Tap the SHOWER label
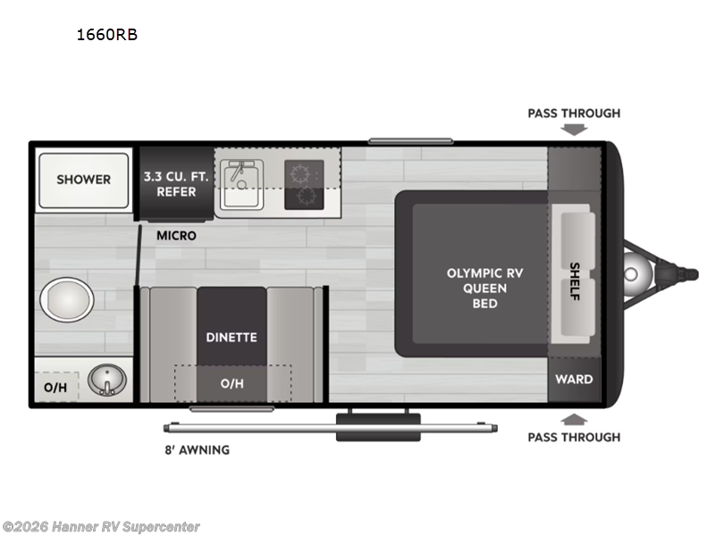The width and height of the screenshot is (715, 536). pyautogui.click(x=83, y=180)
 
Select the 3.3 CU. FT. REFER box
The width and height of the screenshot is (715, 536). pyautogui.click(x=175, y=182)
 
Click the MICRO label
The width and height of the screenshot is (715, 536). pyautogui.click(x=176, y=236)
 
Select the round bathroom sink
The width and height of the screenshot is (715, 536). pyautogui.click(x=106, y=381)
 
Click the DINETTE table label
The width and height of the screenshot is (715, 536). pyautogui.click(x=231, y=337)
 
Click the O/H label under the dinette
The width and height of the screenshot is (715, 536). pyautogui.click(x=231, y=384)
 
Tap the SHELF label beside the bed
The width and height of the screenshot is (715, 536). pyautogui.click(x=574, y=281)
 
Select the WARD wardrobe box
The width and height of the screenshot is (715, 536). pyautogui.click(x=574, y=380)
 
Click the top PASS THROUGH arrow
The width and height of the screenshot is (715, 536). pyautogui.click(x=574, y=129)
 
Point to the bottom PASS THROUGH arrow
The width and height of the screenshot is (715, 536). pyautogui.click(x=574, y=418)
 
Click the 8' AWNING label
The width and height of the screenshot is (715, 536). pyautogui.click(x=196, y=449)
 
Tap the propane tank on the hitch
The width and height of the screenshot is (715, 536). pyautogui.click(x=636, y=270)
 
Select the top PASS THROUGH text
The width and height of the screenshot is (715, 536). pyautogui.click(x=574, y=113)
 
